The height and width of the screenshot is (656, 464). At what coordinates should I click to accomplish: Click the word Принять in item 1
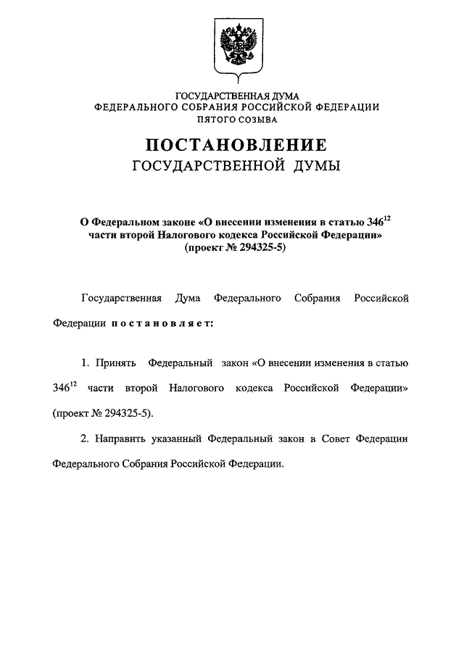112,362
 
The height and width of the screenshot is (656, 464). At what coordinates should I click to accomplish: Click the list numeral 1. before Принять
84,362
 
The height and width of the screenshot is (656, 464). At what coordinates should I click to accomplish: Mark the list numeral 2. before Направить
84,439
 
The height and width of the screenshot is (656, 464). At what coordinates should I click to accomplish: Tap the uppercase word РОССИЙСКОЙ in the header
278,107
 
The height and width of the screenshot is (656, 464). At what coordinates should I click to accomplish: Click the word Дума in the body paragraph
188,298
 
